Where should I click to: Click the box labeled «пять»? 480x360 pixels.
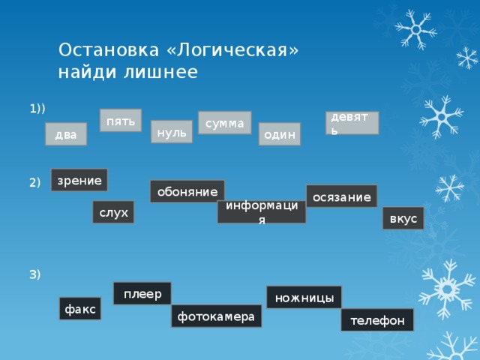[121, 121]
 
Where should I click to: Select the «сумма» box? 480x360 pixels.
[224, 122]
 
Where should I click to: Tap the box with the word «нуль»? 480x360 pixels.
[171, 131]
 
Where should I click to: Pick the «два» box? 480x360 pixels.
[66, 134]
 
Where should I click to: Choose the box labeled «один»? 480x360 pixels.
[279, 134]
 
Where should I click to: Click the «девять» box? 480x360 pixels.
[352, 123]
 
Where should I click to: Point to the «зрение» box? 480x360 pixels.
[79, 179]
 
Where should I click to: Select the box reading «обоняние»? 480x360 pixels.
[187, 191]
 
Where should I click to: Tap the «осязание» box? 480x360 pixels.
[341, 196]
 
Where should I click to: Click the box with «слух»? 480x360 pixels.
[113, 213]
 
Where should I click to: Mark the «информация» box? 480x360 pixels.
[261, 211]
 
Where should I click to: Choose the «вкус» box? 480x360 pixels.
[403, 218]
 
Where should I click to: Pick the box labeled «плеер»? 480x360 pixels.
[142, 293]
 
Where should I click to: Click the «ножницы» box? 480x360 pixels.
[304, 298]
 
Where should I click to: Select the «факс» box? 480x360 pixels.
[80, 308]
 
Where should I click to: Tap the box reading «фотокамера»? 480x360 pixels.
[216, 316]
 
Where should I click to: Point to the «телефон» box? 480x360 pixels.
[376, 320]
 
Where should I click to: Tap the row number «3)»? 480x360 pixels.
[35, 274]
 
